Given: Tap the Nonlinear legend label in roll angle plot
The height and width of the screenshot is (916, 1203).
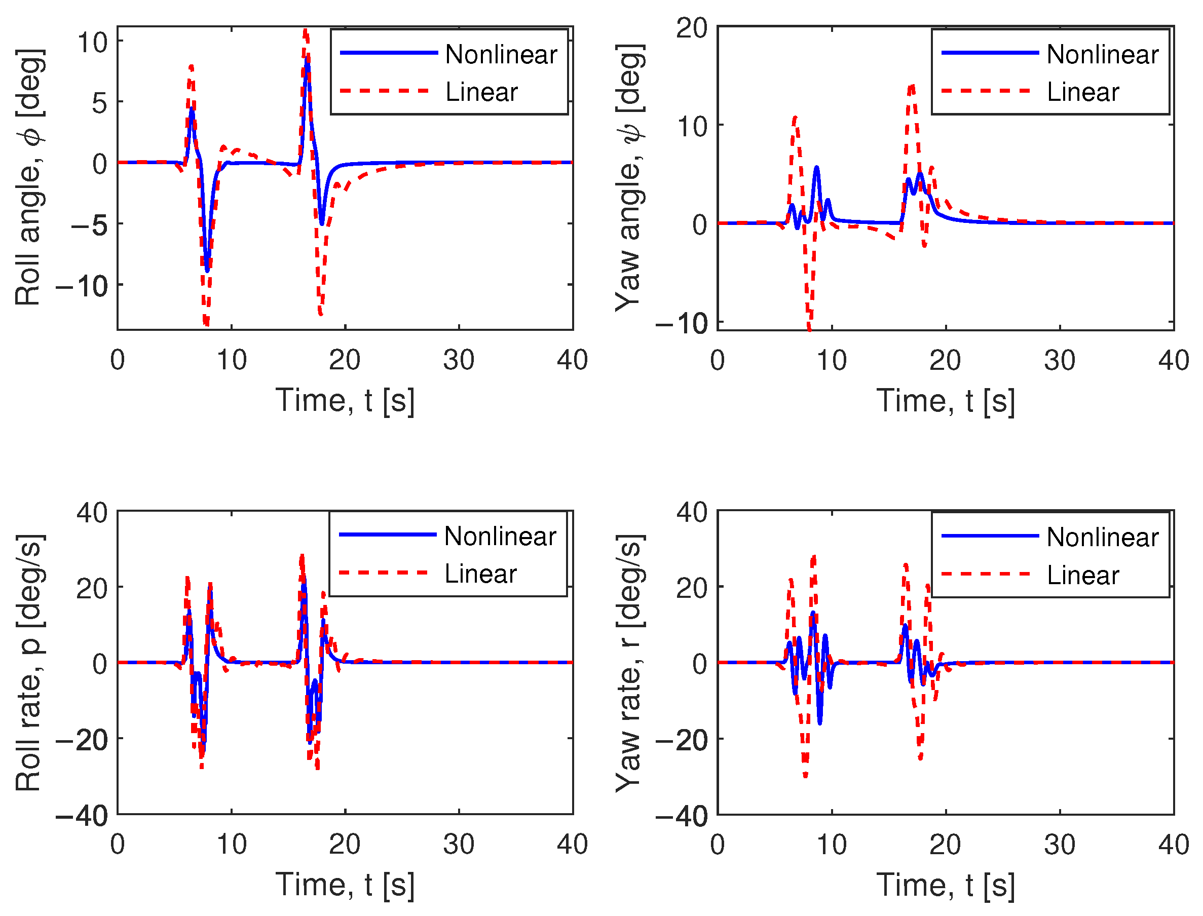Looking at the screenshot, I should point(501,55).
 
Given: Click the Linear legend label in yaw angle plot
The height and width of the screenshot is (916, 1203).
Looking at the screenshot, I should point(1082,92).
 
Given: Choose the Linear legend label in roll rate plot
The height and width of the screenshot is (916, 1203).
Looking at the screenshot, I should point(480,574).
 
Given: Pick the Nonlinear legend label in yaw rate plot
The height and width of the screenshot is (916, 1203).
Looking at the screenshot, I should point(1102,538).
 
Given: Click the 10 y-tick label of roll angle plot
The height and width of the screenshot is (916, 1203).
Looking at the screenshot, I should point(92,42).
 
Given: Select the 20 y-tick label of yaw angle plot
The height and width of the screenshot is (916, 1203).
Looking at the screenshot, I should point(692,28).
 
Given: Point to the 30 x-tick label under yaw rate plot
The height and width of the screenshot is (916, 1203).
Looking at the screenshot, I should point(1059,845).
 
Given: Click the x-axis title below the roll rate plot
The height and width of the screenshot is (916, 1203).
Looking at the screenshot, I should point(345,885).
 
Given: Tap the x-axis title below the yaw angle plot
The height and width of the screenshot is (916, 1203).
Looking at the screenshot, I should point(945,401).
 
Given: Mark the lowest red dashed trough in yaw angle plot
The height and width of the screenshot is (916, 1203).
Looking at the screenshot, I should point(809,328).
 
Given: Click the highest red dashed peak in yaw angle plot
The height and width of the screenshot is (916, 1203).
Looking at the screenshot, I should point(911,86).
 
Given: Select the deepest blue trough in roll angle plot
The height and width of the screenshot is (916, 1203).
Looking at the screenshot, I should point(207,270).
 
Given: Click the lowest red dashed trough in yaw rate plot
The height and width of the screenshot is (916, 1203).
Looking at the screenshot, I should point(805,775).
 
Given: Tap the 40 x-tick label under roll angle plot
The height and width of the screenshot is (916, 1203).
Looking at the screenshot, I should point(572,360).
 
